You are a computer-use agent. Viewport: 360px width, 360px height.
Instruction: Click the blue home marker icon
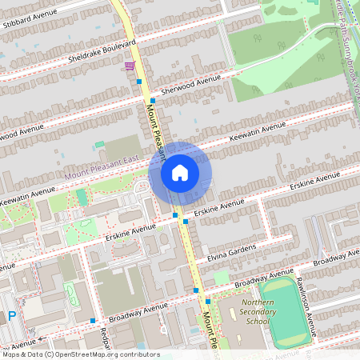(x=180, y=172)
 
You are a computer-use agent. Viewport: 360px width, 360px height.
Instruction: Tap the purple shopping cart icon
(x=129, y=66)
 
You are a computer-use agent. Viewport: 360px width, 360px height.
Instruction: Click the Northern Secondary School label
(x=258, y=311)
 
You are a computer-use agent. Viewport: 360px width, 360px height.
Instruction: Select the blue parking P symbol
(x=12, y=317)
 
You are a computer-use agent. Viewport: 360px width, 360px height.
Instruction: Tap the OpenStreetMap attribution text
(x=80, y=354)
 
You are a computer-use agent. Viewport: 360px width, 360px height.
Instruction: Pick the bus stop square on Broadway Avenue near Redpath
(x=93, y=320)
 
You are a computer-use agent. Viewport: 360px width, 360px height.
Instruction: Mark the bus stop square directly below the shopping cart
(x=139, y=82)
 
